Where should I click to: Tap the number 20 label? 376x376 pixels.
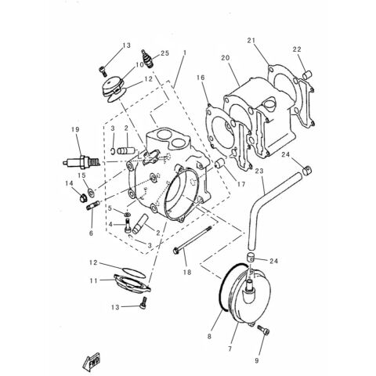[x=224, y=58]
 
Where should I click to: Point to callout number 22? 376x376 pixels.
[x=296, y=49]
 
